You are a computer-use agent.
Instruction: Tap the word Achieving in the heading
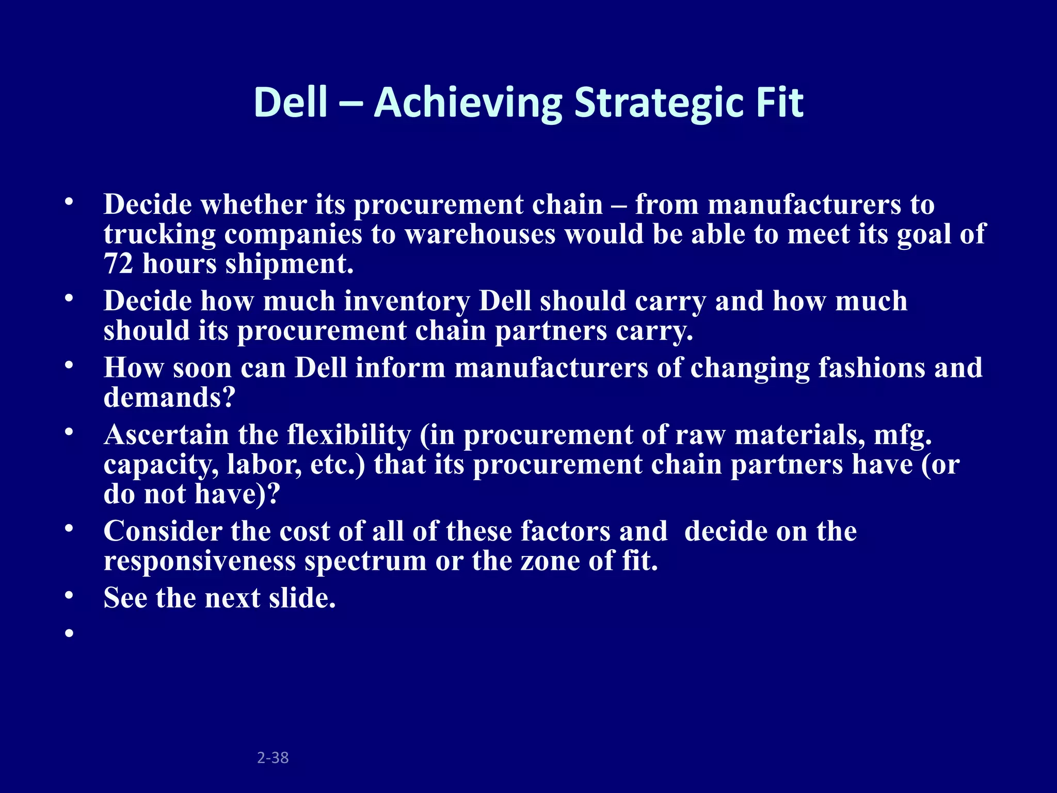[x=468, y=103]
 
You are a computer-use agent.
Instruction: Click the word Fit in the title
[x=780, y=103]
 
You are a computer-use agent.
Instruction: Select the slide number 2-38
[x=273, y=757]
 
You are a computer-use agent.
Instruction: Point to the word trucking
[x=159, y=235]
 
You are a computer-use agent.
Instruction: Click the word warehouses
[x=480, y=235]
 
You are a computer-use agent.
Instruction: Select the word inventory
[x=407, y=301]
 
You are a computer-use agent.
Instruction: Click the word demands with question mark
[x=169, y=398]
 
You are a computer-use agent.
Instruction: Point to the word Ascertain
[x=166, y=435]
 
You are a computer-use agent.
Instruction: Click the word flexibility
[x=349, y=435]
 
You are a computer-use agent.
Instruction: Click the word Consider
[x=162, y=531]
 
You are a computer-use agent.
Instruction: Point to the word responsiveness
[x=199, y=561]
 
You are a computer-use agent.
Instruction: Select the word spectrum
[x=365, y=561]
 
